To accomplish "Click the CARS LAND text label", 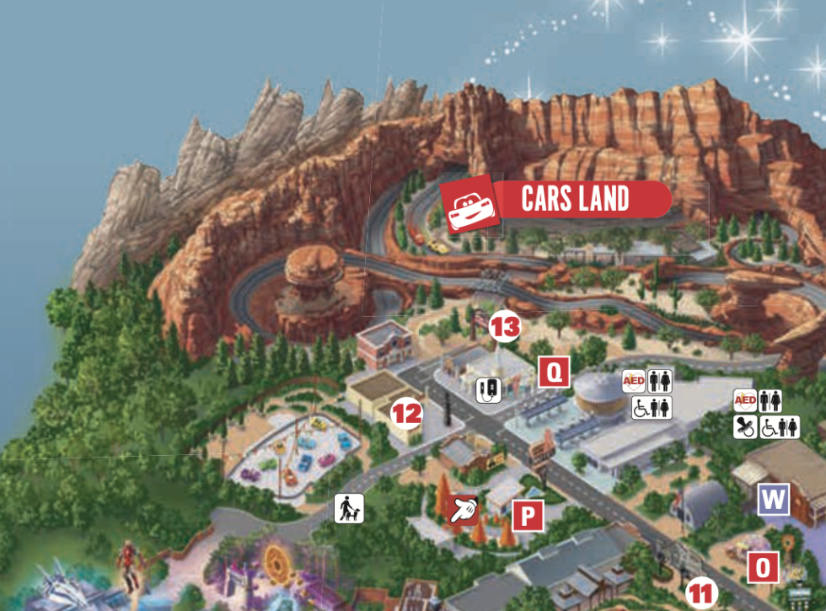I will click(x=576, y=200).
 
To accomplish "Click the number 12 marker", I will click(x=407, y=413).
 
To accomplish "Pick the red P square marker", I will click(x=527, y=516).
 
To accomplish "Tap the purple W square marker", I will click(x=773, y=499).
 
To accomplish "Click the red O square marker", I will click(x=764, y=567).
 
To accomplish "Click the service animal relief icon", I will click(x=348, y=508).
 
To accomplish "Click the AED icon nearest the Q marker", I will click(x=634, y=381).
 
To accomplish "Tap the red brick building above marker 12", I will click(x=383, y=344).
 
